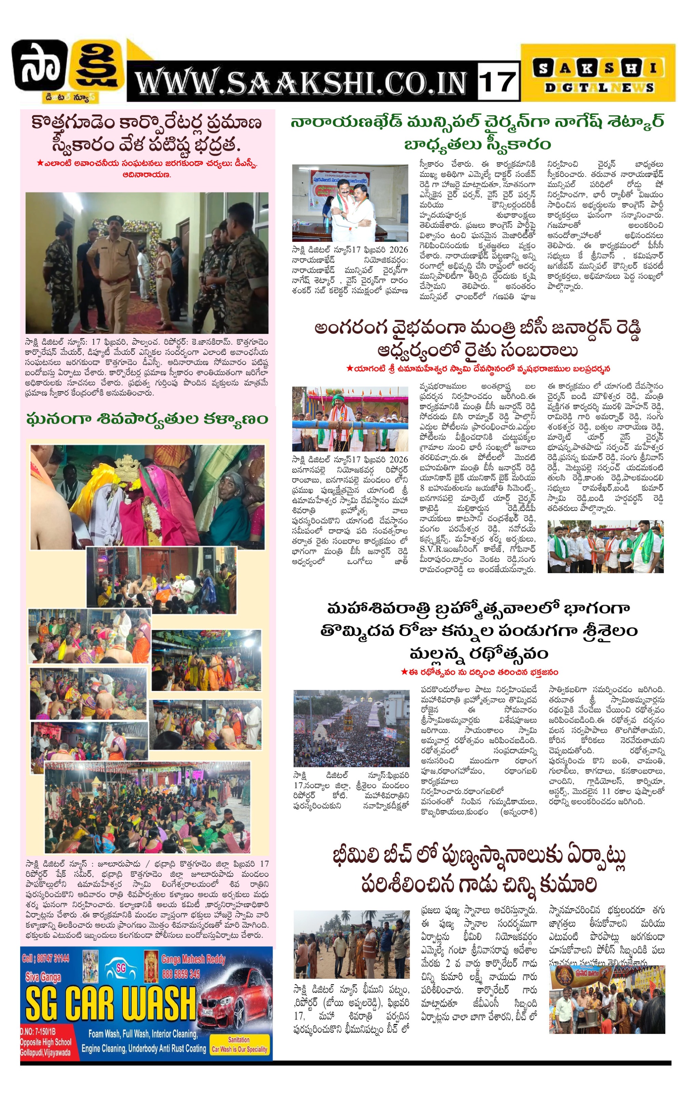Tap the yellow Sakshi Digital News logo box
click(598, 73)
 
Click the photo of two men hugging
click(350, 203)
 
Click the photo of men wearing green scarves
click(605, 546)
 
